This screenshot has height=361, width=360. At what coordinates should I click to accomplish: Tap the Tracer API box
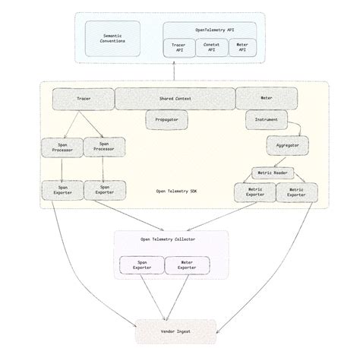[179, 47]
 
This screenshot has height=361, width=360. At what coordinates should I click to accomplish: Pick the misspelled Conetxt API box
[212, 47]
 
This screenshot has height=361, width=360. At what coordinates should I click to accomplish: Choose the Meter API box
[242, 47]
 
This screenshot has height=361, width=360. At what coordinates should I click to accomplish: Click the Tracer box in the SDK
[83, 99]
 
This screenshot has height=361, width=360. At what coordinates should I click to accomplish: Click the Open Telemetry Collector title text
[167, 239]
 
